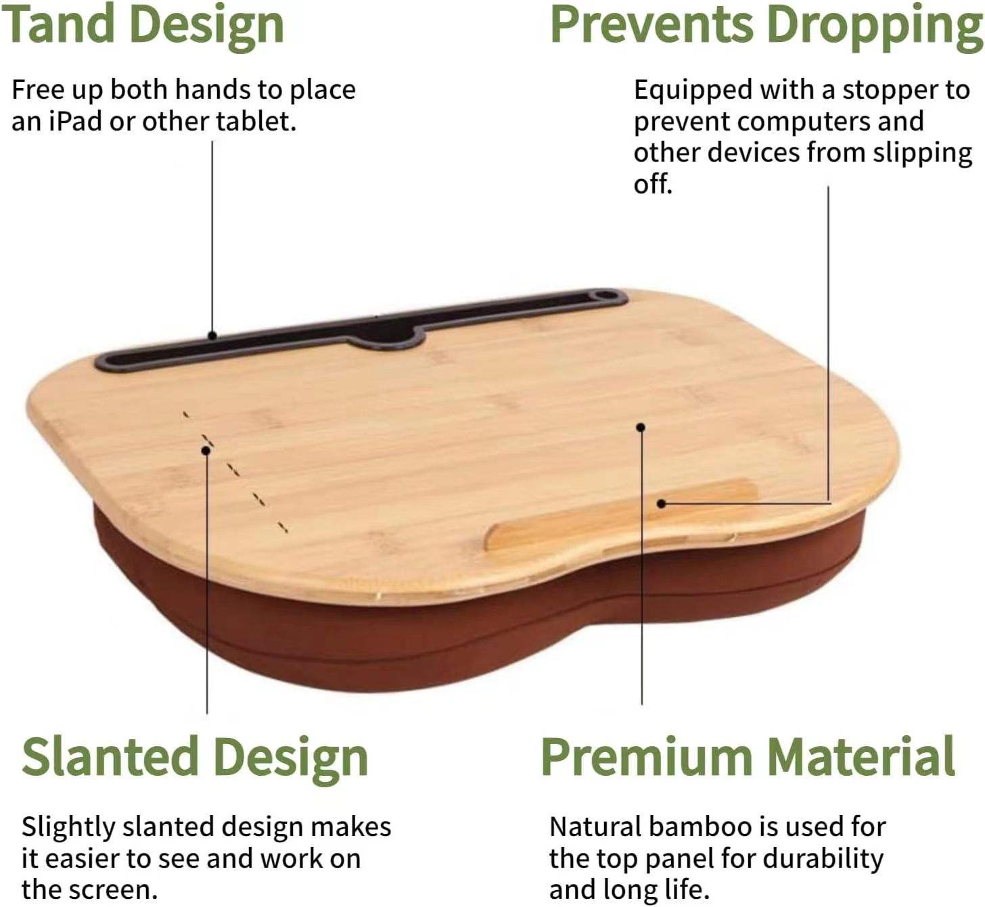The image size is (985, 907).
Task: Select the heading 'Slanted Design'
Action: point(195,758)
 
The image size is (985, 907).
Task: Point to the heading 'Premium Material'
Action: point(748,758)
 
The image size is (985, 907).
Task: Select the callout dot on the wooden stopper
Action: point(662,504)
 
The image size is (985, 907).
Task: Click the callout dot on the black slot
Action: point(212,335)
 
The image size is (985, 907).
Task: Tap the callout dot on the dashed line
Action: point(206,450)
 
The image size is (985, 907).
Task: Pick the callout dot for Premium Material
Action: point(641,427)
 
